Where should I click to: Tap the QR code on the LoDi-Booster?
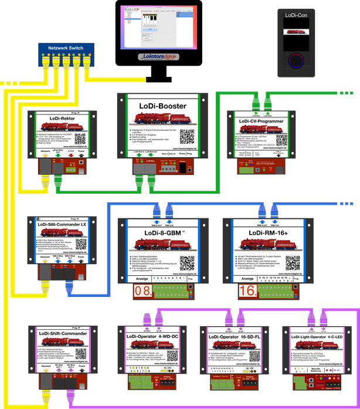[187, 136]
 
